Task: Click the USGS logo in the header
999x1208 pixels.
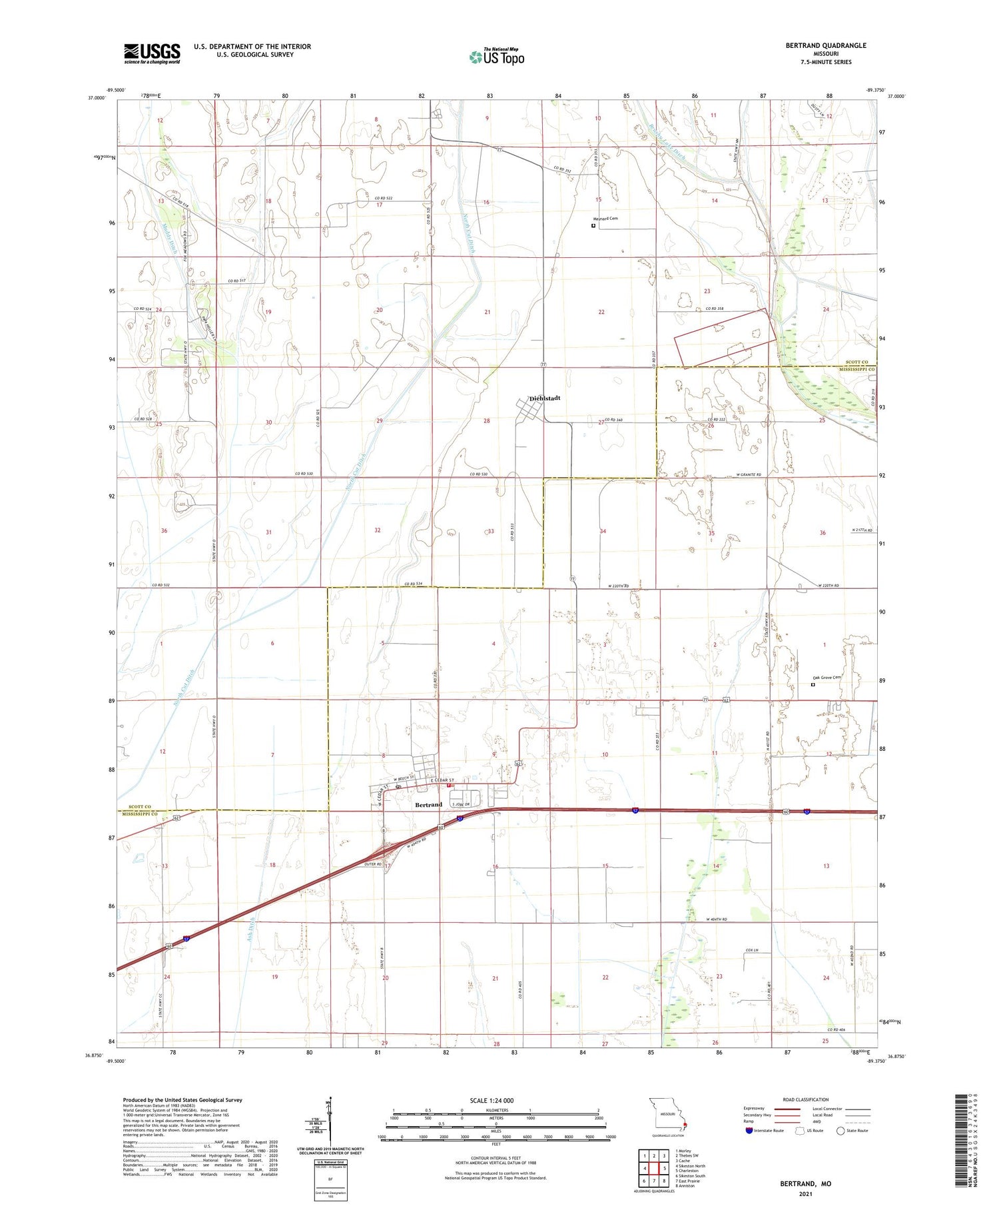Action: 152,53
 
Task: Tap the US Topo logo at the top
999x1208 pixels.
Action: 497,57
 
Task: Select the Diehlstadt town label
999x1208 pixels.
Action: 545,398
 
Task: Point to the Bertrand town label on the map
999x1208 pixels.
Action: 428,805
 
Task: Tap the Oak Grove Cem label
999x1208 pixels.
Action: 827,678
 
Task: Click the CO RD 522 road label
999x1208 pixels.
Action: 387,198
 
